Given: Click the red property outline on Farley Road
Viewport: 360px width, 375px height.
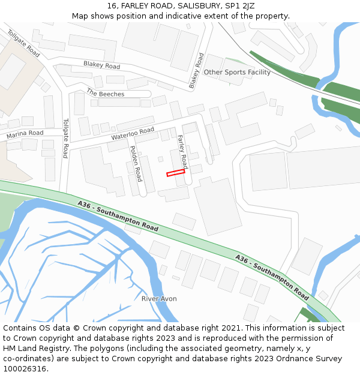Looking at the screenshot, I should click(175, 173).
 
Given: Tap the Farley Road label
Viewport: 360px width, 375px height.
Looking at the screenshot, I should click(182, 151).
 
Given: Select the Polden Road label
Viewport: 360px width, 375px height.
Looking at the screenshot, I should click(136, 163).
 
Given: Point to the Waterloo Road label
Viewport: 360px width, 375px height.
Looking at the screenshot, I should click(133, 134).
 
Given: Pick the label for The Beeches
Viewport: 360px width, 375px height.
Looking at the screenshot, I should click(106, 94).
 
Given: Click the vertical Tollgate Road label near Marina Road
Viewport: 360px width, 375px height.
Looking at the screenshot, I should click(66, 137).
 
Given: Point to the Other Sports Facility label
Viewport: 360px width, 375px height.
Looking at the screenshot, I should click(237, 72).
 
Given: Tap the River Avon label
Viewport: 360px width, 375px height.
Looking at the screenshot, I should click(159, 298).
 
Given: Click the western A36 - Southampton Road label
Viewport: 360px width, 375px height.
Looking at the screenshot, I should click(118, 216).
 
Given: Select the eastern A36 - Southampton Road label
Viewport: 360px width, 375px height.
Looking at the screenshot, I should click(272, 277).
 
